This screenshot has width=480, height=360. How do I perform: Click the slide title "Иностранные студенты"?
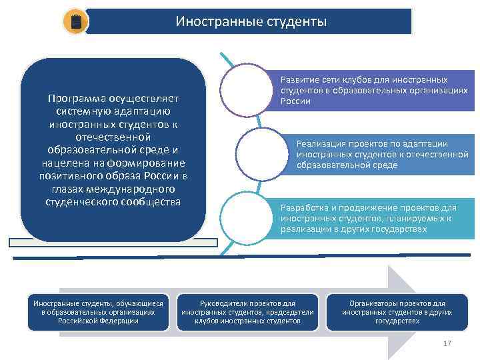(x=251, y=22)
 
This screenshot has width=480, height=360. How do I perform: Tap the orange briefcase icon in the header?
(x=75, y=22)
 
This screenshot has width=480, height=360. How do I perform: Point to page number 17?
(x=447, y=343)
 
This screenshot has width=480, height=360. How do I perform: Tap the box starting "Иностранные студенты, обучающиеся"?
(x=99, y=311)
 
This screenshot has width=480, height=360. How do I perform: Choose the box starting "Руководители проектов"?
(x=247, y=311)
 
